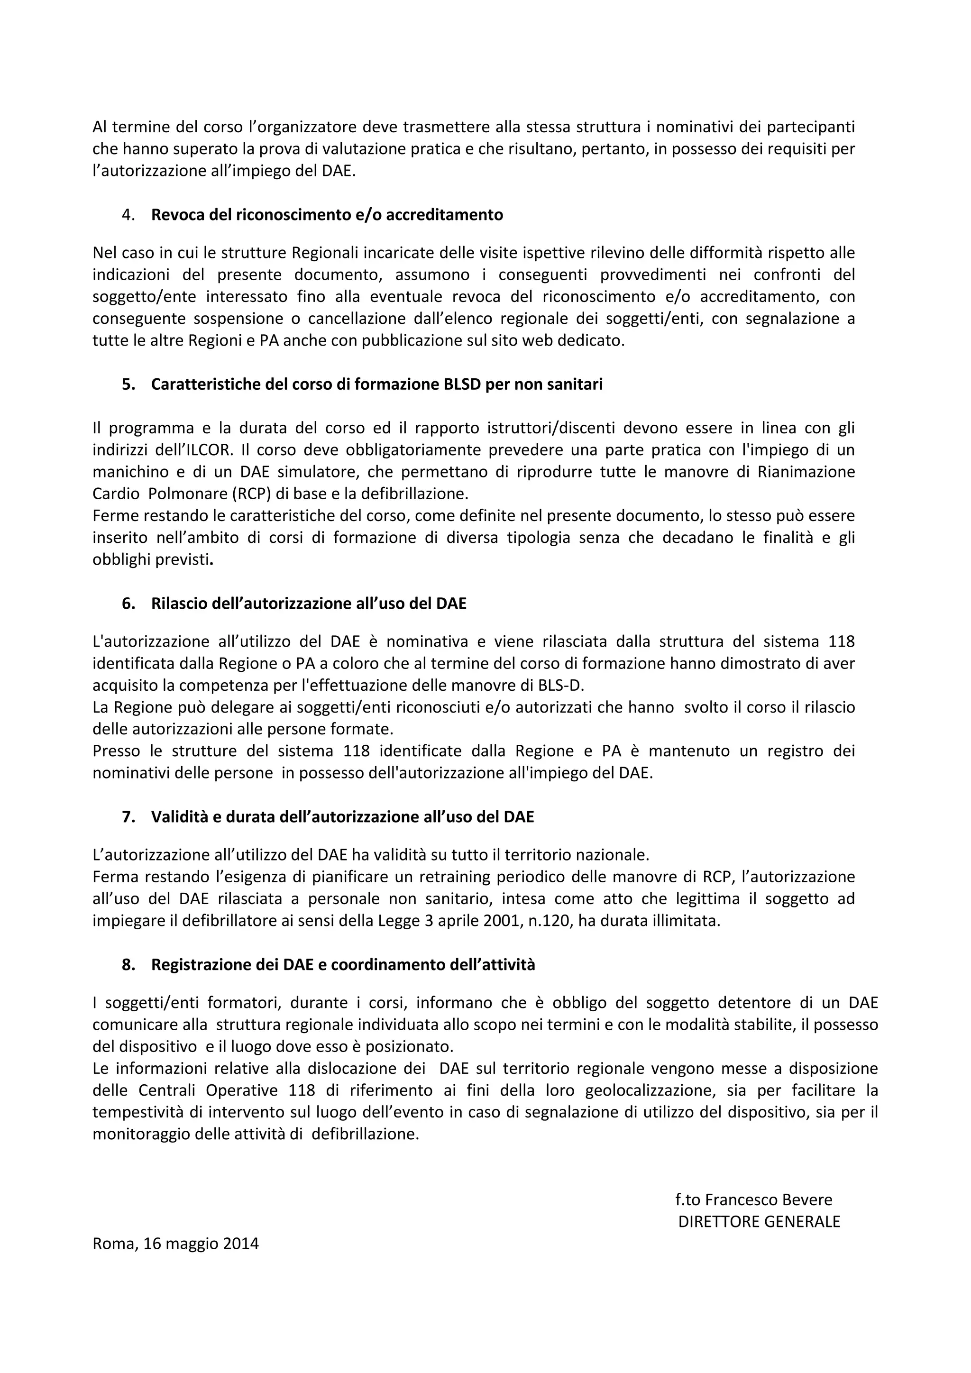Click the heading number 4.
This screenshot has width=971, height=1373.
coord(128,215)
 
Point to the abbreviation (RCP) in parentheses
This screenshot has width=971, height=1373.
coord(234,494)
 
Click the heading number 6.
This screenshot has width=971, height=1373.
coord(128,604)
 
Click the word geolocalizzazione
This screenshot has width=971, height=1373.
coord(650,1090)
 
